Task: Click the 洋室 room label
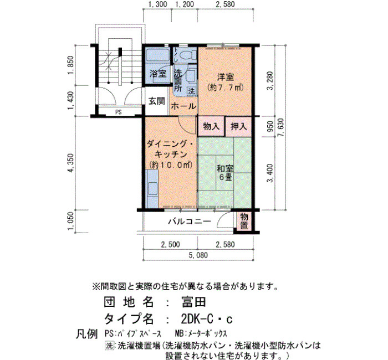point(225,77)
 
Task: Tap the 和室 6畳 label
point(225,173)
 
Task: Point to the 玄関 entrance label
point(157,101)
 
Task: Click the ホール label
point(183,106)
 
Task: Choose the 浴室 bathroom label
point(158,74)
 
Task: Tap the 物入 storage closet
point(211,127)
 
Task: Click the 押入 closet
point(238,127)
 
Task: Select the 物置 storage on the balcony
point(244,222)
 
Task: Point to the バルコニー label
point(190,221)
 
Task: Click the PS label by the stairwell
point(119,112)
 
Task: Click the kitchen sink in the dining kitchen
point(152,189)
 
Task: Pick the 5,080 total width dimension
point(198,255)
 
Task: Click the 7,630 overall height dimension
point(281,128)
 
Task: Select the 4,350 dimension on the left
point(71,163)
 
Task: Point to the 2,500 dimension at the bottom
point(171,245)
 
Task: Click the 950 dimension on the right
point(270,126)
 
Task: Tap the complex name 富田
point(193,302)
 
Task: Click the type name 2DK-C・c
point(207,320)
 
